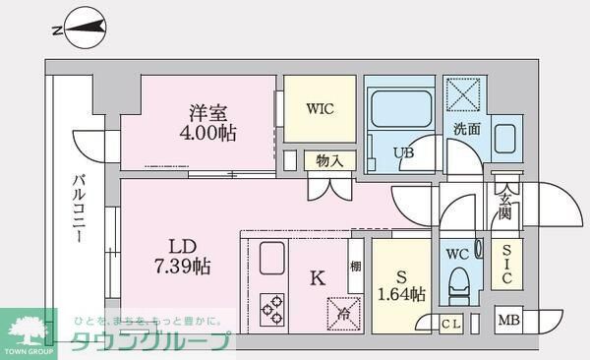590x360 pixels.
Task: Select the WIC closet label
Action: click(x=321, y=108)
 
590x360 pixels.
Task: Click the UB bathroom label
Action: click(x=404, y=152)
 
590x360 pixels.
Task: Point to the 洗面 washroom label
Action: click(x=466, y=129)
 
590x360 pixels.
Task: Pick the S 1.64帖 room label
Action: click(x=402, y=283)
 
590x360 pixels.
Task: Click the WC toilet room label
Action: click(x=457, y=254)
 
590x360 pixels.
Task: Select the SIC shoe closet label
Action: click(x=506, y=265)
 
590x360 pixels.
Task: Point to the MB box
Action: click(x=508, y=320)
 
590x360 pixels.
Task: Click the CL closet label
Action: click(x=451, y=323)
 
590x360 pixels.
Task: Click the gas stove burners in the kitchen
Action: click(x=272, y=309)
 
